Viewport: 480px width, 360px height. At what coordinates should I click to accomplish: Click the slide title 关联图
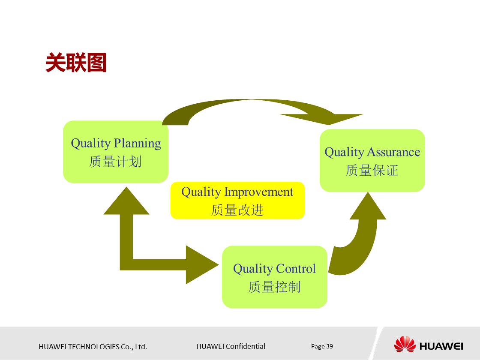(76, 63)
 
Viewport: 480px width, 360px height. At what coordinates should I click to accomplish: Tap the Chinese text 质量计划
(115, 162)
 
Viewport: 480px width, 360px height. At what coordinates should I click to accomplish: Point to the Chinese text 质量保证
(372, 171)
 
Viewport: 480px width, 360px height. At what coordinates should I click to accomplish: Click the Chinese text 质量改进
(237, 210)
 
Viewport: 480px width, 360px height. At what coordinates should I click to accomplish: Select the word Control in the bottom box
(295, 269)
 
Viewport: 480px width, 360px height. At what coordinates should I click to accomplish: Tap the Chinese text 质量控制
(274, 287)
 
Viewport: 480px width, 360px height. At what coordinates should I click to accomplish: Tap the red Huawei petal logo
(405, 344)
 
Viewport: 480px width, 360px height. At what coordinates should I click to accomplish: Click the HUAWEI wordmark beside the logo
(441, 346)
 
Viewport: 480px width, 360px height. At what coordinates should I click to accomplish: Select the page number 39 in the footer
(330, 346)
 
